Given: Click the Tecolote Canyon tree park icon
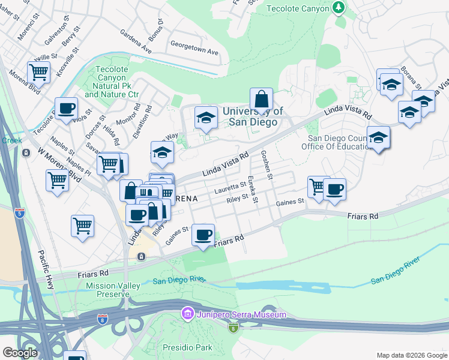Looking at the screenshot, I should pyautogui.click(x=340, y=8).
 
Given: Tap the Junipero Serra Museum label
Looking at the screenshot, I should pyautogui.click(x=239, y=314).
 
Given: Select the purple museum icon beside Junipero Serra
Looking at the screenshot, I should pyautogui.click(x=187, y=314).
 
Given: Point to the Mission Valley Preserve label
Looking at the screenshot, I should pyautogui.click(x=108, y=290).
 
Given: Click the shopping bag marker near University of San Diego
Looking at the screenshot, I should pyautogui.click(x=261, y=100).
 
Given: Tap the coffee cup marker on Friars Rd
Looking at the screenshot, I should pyautogui.click(x=203, y=235).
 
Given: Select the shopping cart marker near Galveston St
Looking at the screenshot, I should pyautogui.click(x=38, y=73).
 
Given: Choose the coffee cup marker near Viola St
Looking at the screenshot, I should pyautogui.click(x=66, y=110).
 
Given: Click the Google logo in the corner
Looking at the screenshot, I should pyautogui.click(x=20, y=353).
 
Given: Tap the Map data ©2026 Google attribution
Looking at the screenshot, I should pyautogui.click(x=411, y=355).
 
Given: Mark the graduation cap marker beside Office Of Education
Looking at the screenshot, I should pyautogui.click(x=378, y=139).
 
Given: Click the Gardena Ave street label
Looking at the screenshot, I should pyautogui.click(x=136, y=40).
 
